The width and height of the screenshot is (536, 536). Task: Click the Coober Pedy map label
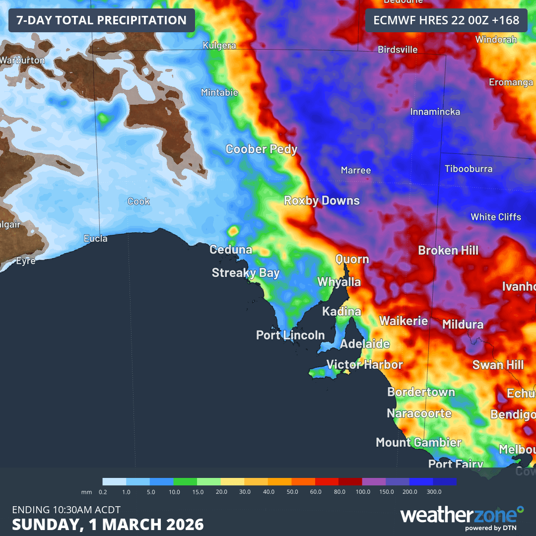pos(262,149)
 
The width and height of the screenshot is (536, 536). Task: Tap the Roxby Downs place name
pos(322,201)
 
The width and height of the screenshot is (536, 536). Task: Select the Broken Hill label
pos(448,250)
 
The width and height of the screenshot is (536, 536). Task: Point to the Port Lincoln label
pos(290,335)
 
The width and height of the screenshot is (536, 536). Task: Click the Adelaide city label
pos(365,344)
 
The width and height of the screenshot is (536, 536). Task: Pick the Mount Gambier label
pos(418,442)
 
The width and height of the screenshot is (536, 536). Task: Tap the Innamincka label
pos(435,112)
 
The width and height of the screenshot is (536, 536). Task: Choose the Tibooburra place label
pos(469,169)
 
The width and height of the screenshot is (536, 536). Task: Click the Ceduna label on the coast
pos(231,250)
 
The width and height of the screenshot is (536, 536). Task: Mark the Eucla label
pos(95,239)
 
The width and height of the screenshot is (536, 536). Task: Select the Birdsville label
pos(398,50)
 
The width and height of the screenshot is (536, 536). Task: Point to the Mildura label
pos(463,325)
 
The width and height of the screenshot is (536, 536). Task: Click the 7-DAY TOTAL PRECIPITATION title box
pos(102,20)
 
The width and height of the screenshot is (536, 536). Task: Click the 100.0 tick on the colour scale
pos(363,492)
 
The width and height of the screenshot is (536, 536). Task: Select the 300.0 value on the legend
pos(433,492)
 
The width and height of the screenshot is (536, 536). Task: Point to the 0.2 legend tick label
pos(103,492)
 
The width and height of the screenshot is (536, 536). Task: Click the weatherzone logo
pos(462,516)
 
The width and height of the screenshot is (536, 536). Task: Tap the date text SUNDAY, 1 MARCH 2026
pos(108,525)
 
